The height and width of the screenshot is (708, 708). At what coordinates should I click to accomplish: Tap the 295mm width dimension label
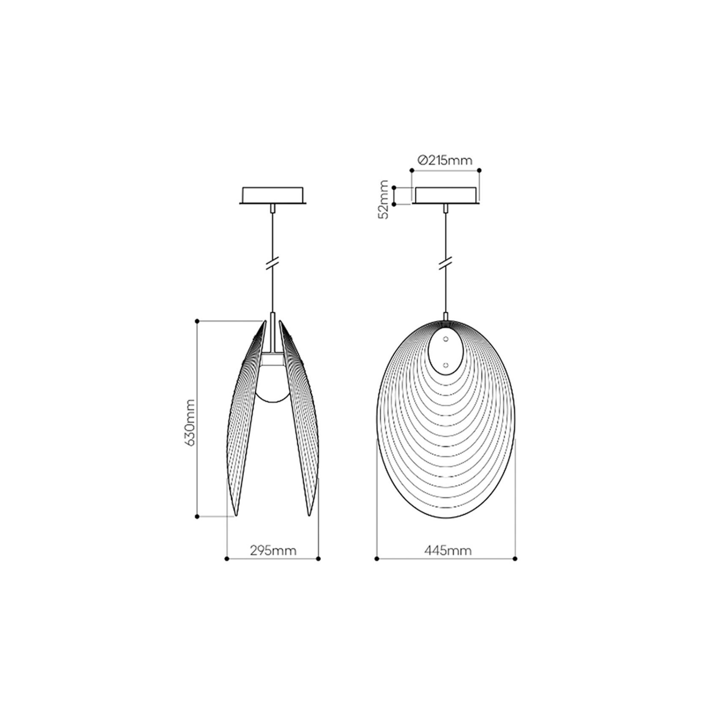tap(273, 551)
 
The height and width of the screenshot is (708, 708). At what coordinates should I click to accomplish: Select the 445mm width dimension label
tap(448, 551)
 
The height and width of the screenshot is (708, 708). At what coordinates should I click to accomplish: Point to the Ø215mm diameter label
tap(445, 160)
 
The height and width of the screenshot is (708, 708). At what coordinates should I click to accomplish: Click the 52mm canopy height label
tap(384, 199)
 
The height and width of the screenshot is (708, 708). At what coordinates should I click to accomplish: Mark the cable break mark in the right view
tap(446, 263)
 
